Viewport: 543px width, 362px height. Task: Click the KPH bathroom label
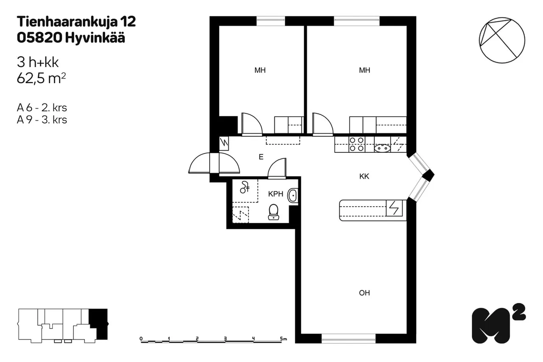tap(276, 194)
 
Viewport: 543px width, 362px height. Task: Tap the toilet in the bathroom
tap(274, 212)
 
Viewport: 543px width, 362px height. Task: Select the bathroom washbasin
tap(293, 195)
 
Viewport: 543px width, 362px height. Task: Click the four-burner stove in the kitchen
tap(357, 144)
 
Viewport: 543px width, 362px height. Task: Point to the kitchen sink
tap(382, 148)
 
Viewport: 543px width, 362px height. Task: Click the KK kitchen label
tap(364, 176)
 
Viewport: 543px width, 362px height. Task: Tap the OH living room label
tap(364, 293)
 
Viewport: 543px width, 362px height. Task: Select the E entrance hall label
tap(261, 157)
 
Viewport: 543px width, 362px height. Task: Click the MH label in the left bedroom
tap(260, 70)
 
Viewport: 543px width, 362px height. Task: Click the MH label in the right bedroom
tap(364, 70)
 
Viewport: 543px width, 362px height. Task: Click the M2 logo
tap(498, 324)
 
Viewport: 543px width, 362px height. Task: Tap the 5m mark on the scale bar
tap(283, 339)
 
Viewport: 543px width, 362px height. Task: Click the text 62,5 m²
tap(41, 78)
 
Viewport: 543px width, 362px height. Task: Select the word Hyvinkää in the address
tap(95, 38)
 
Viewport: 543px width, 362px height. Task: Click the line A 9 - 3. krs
tap(42, 120)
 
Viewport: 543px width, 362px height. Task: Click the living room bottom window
tap(348, 339)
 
